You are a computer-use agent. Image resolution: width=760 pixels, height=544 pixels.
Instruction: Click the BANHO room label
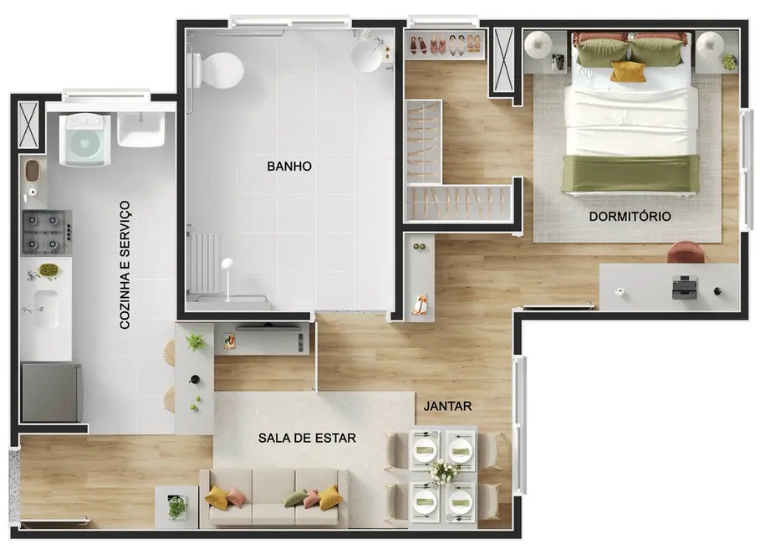tap(289, 167)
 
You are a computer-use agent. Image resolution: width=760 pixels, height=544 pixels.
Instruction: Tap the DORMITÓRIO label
tap(630, 216)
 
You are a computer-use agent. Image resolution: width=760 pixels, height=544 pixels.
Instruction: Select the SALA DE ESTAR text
tap(307, 438)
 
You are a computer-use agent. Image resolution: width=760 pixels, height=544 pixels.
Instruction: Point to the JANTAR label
tap(447, 407)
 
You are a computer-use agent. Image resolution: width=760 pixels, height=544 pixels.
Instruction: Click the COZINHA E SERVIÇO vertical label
tap(125, 264)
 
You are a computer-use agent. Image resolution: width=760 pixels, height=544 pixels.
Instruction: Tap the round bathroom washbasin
tap(368, 55)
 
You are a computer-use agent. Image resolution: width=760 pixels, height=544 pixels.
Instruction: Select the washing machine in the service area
tap(84, 139)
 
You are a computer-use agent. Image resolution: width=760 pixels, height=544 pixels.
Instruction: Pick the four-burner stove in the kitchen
tap(46, 233)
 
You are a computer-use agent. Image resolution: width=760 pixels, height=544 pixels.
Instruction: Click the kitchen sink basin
tap(45, 308)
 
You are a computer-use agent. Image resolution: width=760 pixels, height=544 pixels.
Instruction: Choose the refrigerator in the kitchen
tap(50, 392)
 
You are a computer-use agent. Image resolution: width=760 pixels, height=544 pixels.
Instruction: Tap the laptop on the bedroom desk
tap(685, 287)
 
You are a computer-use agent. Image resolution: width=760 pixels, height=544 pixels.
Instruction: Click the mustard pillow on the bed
tap(627, 72)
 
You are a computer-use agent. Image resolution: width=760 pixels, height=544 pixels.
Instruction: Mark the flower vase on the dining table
tap(442, 473)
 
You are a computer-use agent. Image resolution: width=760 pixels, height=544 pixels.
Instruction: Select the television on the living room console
tap(268, 326)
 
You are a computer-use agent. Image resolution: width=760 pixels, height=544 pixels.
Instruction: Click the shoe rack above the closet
tap(445, 45)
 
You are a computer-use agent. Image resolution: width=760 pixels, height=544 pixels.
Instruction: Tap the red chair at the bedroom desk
tap(686, 252)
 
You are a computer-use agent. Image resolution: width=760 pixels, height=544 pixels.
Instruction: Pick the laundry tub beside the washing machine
tap(141, 130)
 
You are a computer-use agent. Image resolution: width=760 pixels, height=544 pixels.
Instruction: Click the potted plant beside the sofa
tap(176, 506)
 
